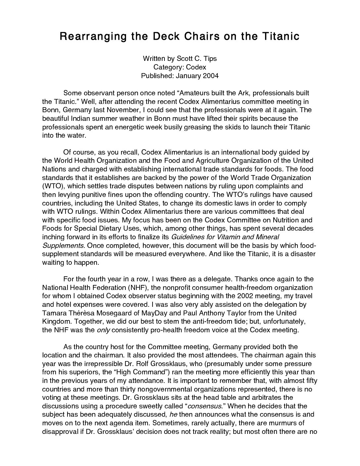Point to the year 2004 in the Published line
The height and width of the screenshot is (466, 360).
coord(211,76)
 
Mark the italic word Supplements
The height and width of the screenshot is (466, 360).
coord(63,246)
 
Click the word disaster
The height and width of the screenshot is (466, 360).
coord(302,254)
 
